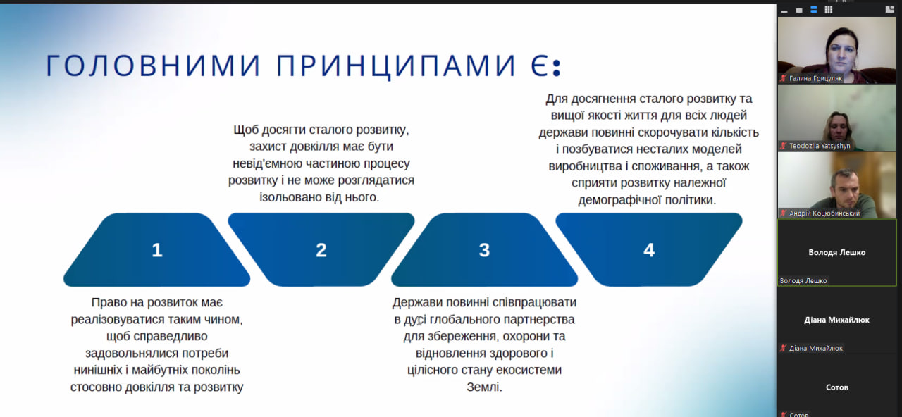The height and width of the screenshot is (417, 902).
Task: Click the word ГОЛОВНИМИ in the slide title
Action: [x=154, y=66]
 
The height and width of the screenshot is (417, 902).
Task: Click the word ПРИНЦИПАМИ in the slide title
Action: [x=396, y=66]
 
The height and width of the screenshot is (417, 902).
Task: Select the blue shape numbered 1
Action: [x=156, y=250]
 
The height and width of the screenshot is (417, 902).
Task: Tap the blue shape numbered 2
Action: [x=321, y=250]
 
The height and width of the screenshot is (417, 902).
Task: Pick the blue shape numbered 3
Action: [x=484, y=250]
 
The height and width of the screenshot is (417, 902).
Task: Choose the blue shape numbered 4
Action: [x=649, y=250]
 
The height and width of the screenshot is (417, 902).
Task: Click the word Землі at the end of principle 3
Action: [x=484, y=387]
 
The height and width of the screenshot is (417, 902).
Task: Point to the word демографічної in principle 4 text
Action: [x=619, y=200]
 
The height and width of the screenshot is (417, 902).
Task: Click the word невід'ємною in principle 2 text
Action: [x=267, y=163]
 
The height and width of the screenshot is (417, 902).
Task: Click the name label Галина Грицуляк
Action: [x=815, y=78]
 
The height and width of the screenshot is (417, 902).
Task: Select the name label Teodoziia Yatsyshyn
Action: [x=820, y=146]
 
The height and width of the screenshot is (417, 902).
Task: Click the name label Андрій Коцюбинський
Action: [x=824, y=213]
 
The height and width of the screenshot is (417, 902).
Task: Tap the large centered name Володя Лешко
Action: [x=836, y=252]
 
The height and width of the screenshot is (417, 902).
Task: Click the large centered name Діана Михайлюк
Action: [x=836, y=320]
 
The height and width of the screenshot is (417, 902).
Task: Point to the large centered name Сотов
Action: [x=836, y=387]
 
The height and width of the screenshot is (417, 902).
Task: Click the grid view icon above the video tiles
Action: [x=828, y=10]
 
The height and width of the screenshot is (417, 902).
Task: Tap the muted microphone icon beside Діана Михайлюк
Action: [x=783, y=348]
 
